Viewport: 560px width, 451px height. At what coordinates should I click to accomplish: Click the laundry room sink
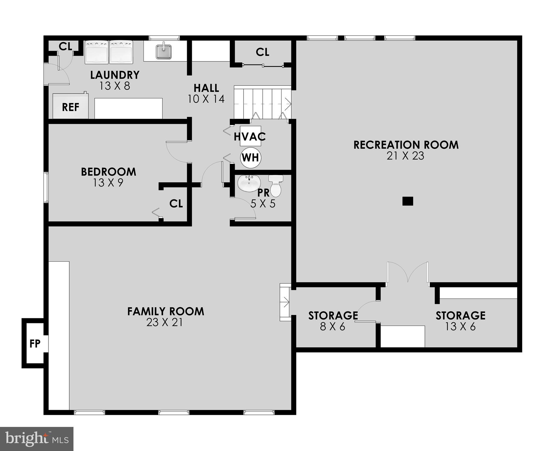tap(164, 52)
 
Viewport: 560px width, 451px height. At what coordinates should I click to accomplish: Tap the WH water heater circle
tap(251, 158)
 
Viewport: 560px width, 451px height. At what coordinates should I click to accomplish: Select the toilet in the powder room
tap(276, 186)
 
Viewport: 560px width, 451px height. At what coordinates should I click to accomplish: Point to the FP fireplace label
tap(35, 343)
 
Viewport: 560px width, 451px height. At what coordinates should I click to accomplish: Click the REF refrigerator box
tap(71, 107)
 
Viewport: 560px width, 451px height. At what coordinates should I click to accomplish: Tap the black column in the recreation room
tap(408, 201)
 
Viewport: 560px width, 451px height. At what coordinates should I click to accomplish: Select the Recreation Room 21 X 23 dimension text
tap(405, 156)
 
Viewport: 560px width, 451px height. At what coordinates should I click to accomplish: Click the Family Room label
tap(165, 311)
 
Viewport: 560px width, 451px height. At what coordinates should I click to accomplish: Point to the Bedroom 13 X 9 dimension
tap(108, 183)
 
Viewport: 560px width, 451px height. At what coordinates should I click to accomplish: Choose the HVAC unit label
tap(250, 137)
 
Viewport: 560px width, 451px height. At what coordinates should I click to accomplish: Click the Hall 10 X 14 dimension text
tap(206, 99)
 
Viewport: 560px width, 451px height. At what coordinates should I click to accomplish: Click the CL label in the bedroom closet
tap(176, 203)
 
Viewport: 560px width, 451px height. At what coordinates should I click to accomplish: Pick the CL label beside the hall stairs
tap(262, 52)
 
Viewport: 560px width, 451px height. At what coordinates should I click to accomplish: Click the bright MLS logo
tap(36, 439)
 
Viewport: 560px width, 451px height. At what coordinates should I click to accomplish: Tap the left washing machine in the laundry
tap(97, 52)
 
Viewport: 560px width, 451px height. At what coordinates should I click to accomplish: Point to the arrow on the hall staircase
tap(288, 104)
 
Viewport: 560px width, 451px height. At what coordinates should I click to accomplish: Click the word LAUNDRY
tap(115, 75)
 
